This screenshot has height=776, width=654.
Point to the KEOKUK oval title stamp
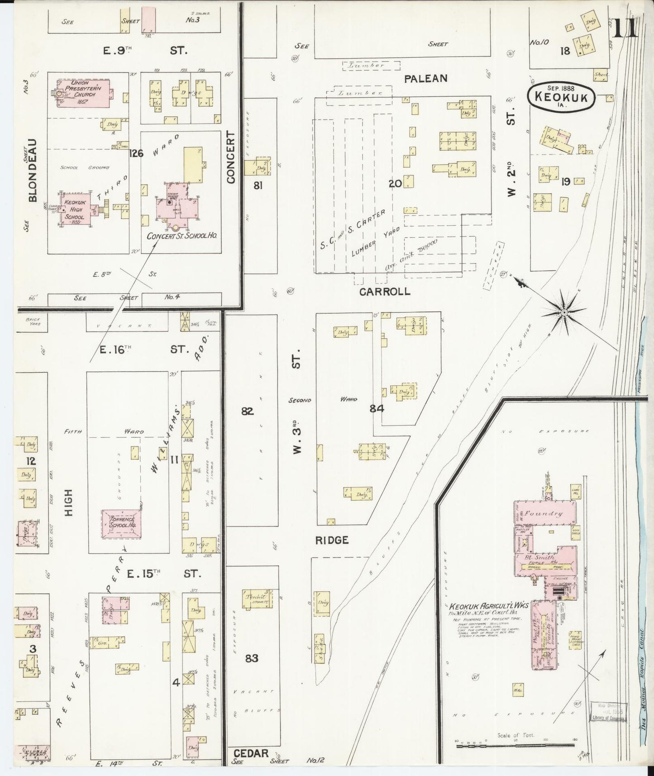[561, 96]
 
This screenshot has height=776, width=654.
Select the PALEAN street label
[425, 78]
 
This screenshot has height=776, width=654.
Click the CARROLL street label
[385, 292]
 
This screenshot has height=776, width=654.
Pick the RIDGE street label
[332, 540]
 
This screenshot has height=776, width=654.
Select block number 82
[247, 412]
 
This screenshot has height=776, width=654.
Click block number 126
[136, 153]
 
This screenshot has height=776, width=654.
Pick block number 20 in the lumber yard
[395, 183]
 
